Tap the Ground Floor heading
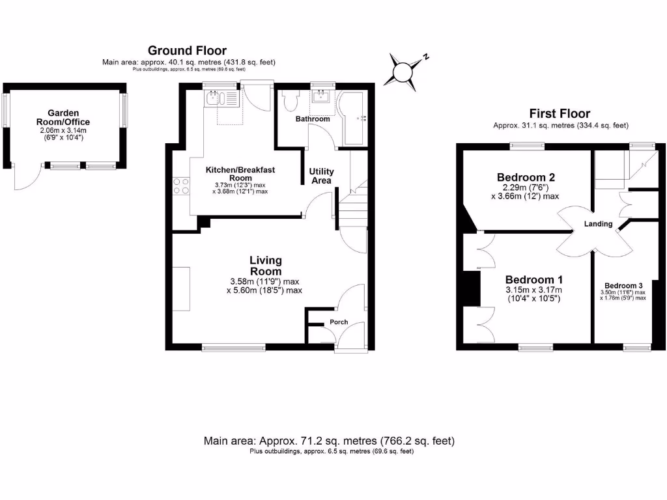tap(187, 50)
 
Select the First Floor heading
tap(560, 114)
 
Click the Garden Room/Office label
tap(63, 117)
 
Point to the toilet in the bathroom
tap(291, 102)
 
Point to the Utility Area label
tap(322, 176)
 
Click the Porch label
tap(339, 322)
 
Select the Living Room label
tap(266, 266)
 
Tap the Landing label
tap(598, 224)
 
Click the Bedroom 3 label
tap(623, 286)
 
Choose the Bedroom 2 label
tap(526, 177)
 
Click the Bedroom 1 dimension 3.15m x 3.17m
tap(533, 290)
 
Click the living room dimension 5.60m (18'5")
tap(266, 290)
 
